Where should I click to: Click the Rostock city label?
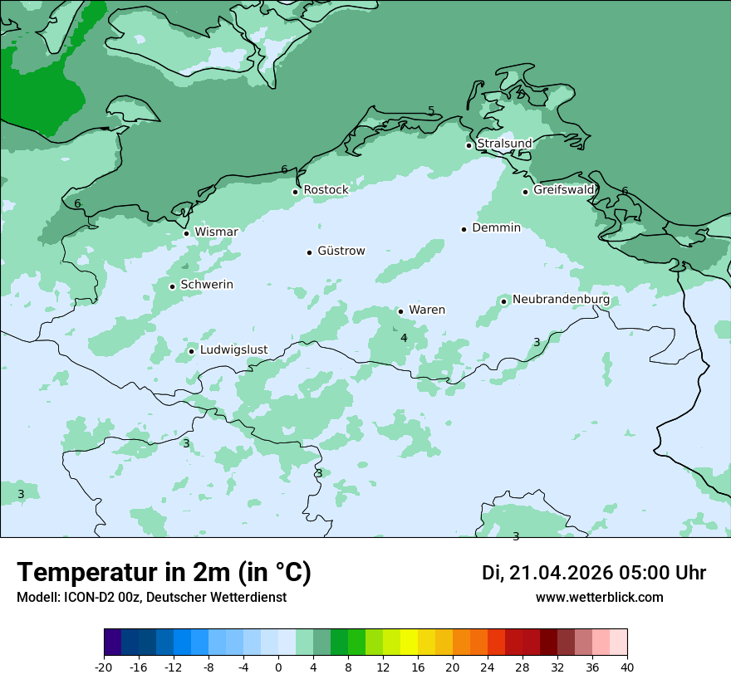tap(326, 190)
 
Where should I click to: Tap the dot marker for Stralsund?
tap(469, 145)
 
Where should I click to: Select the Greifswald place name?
tap(563, 190)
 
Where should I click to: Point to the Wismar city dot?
tap(186, 233)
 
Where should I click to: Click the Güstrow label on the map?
tap(341, 251)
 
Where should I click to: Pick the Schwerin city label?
tap(207, 285)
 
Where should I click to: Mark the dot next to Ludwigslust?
tap(191, 351)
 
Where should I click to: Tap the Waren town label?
tap(426, 310)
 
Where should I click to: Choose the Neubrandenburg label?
tap(561, 300)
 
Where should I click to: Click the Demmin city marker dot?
tap(464, 229)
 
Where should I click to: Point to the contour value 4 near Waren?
tap(404, 338)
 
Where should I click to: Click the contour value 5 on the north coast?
tap(431, 111)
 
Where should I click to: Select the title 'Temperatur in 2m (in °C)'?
tap(164, 572)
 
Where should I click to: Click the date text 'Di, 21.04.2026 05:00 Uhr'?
tap(593, 573)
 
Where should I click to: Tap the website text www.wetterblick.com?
tap(599, 598)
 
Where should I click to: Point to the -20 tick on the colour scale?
tap(104, 667)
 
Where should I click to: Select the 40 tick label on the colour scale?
tap(626, 667)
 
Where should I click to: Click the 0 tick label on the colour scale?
tap(278, 667)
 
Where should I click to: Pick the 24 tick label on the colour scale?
tap(487, 667)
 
